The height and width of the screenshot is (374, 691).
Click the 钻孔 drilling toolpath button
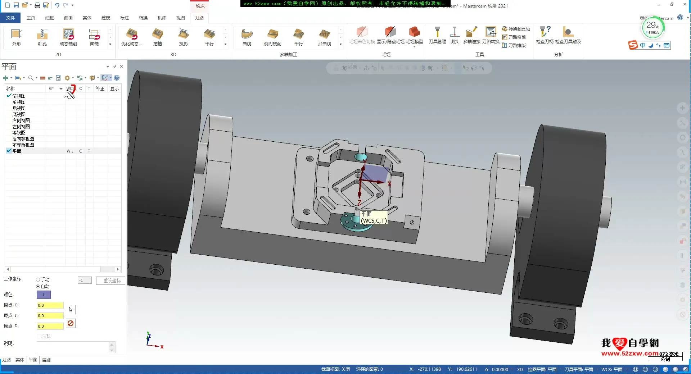coord(42,37)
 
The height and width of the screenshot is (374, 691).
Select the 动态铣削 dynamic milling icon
coord(68,37)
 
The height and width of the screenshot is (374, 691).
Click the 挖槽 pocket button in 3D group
coord(157,37)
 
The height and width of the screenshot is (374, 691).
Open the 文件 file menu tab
coord(10,18)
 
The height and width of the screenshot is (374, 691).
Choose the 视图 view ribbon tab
coord(180,18)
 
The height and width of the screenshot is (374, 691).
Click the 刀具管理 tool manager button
coord(437,35)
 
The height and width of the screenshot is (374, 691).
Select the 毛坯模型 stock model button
coord(414,35)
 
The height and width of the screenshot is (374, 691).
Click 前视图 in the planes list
coord(19,102)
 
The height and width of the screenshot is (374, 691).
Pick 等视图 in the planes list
coord(19,133)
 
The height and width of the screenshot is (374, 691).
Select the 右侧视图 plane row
coord(21,120)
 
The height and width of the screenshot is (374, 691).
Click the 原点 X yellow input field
coord(50,305)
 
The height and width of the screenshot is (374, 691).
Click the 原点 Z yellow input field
coord(50,326)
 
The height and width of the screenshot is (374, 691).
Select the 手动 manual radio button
coord(38,279)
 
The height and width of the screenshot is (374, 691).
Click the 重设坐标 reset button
coord(112,280)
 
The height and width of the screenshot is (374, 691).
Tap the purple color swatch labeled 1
coord(44,295)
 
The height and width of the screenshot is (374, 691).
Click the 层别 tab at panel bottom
coord(46,360)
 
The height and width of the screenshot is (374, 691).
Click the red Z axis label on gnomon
coord(359,203)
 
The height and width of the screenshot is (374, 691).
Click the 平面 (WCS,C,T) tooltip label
coord(374,218)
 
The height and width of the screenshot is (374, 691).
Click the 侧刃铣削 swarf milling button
coord(272,37)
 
